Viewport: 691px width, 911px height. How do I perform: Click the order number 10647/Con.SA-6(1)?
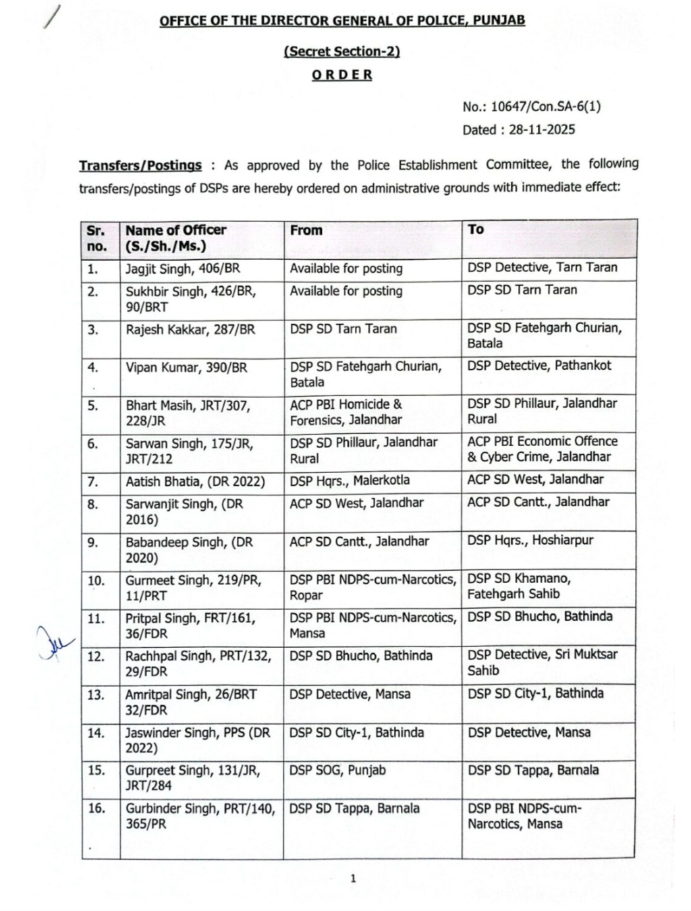click(545, 107)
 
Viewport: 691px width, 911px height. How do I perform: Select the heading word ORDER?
click(342, 75)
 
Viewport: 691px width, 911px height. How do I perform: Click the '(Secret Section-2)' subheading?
click(342, 51)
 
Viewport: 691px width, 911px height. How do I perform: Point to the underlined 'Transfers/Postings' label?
click(140, 165)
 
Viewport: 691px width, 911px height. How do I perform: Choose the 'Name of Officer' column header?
click(175, 230)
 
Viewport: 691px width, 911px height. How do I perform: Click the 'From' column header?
click(306, 230)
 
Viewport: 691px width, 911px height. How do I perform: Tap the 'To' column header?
click(476, 229)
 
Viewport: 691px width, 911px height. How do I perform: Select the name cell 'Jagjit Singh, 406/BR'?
click(183, 269)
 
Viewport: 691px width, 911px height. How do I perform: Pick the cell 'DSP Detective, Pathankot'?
click(539, 366)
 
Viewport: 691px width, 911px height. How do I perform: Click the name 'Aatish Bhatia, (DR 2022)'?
click(195, 482)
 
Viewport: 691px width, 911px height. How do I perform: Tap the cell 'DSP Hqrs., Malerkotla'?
click(350, 480)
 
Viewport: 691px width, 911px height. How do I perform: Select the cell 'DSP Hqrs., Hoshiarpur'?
click(530, 540)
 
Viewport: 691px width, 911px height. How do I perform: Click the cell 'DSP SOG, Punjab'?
click(337, 770)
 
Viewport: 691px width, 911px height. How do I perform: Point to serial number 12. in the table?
click(96, 656)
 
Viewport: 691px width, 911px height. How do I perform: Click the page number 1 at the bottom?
click(352, 878)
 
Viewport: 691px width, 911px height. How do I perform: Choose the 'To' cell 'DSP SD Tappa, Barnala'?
click(533, 770)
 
